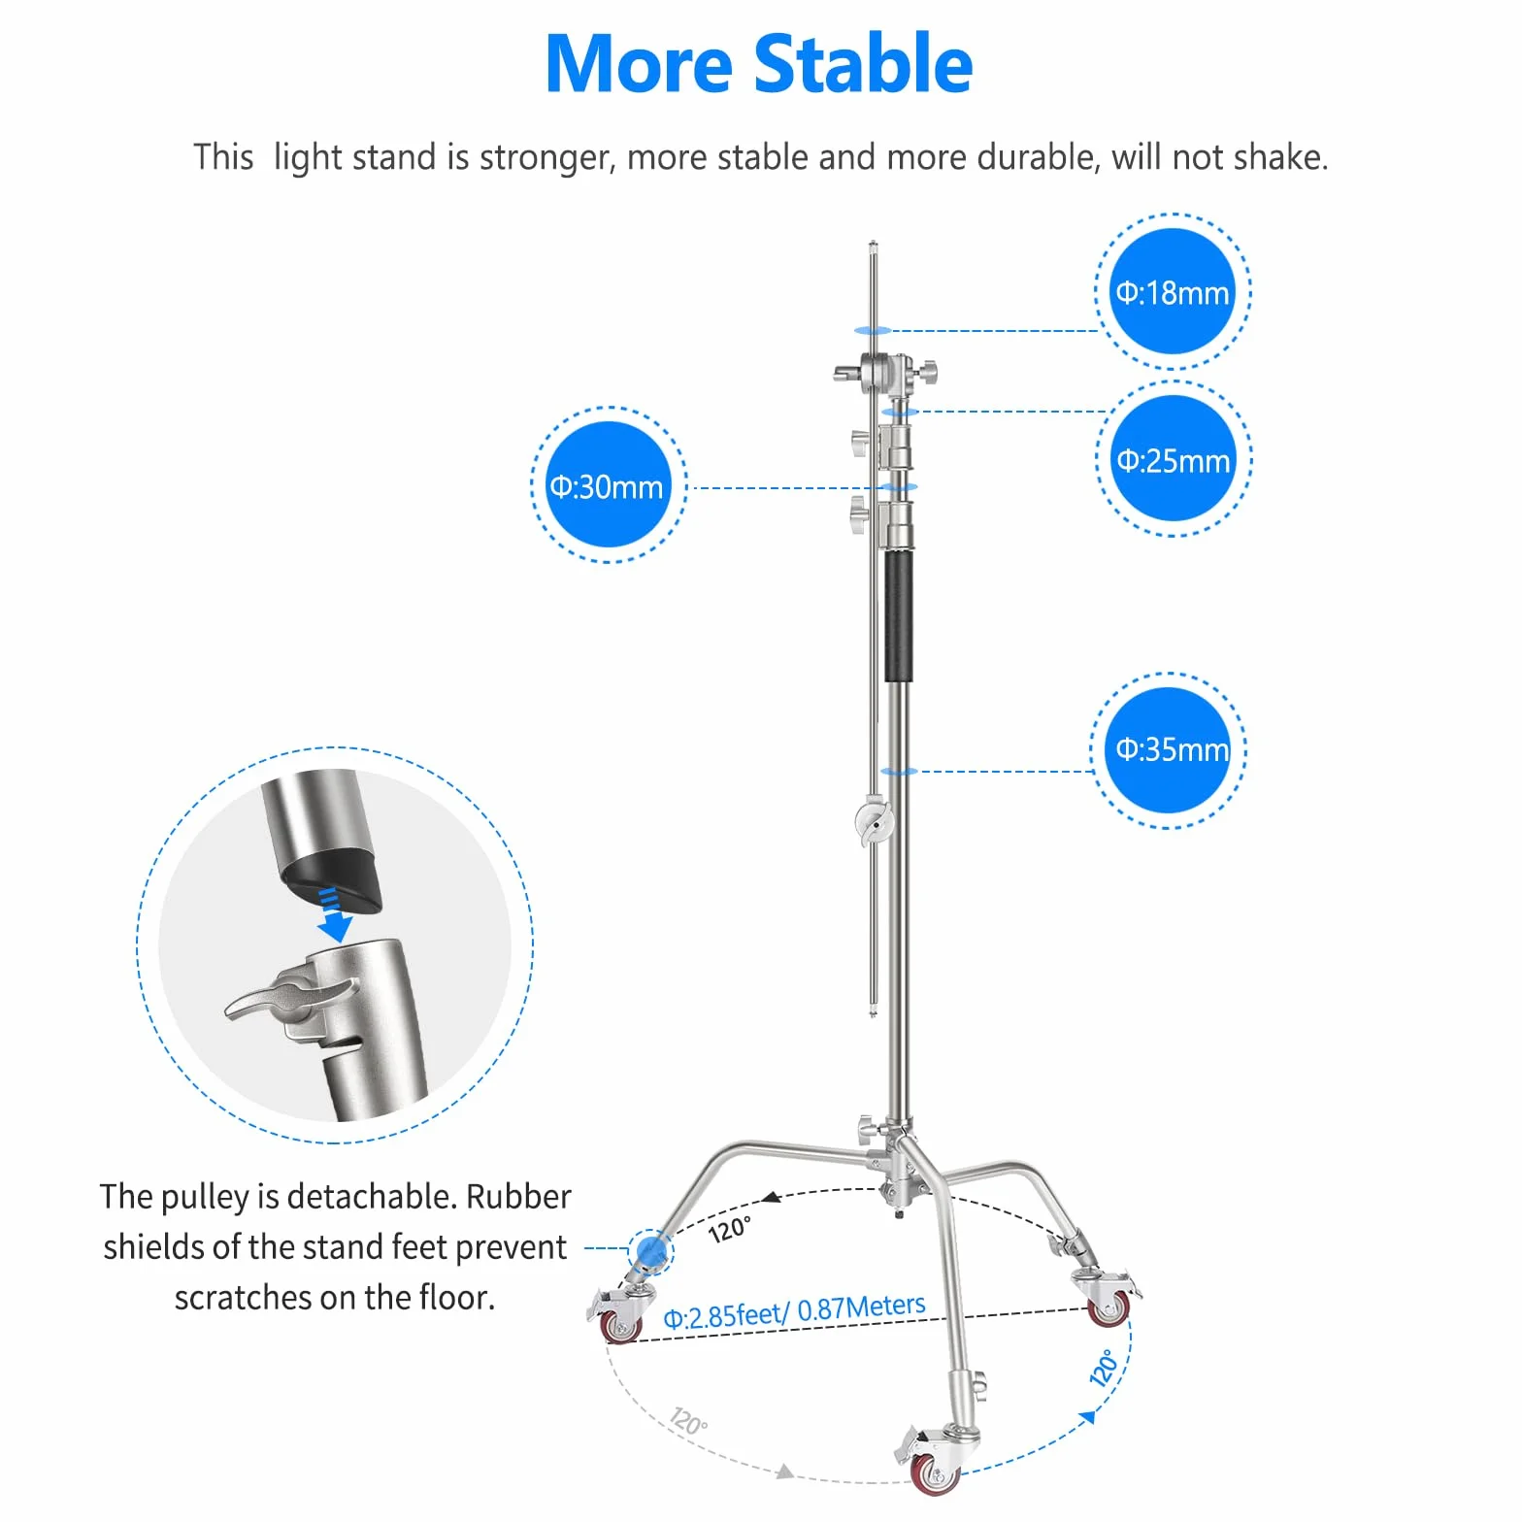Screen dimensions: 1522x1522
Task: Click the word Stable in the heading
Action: (x=864, y=64)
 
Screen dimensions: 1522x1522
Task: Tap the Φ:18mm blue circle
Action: (x=1173, y=291)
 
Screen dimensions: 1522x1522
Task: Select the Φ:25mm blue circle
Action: (x=1174, y=458)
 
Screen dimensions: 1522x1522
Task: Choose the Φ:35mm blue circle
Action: (x=1169, y=750)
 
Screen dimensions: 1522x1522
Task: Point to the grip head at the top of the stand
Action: (x=885, y=371)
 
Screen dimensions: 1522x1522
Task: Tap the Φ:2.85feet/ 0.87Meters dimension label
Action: (x=794, y=1311)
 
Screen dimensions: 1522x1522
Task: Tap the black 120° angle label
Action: (x=729, y=1230)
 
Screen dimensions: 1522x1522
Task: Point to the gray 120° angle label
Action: (x=688, y=1422)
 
